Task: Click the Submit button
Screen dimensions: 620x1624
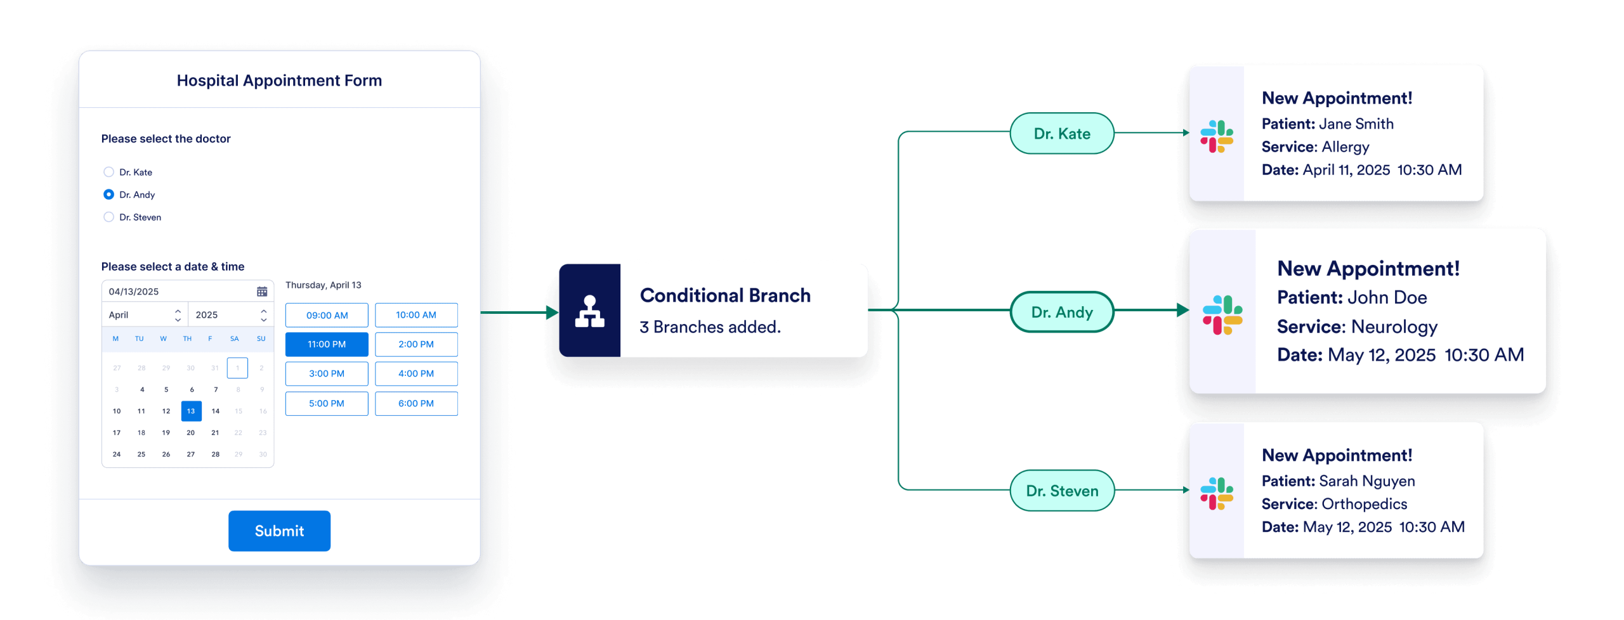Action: [x=279, y=531]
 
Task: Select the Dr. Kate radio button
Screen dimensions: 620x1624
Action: [x=108, y=172]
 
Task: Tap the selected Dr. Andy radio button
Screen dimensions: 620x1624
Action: [x=108, y=195]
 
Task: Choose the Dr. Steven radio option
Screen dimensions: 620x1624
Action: [x=108, y=217]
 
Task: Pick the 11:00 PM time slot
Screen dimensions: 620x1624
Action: [x=327, y=344]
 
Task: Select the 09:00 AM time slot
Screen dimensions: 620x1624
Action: [x=327, y=315]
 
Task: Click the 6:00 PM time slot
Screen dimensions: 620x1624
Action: [x=416, y=403]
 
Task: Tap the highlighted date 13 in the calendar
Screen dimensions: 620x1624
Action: [x=191, y=411]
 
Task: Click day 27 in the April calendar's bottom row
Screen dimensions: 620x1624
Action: [x=191, y=454]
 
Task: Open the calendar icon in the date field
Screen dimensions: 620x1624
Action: [x=262, y=292]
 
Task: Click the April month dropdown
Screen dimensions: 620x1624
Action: [x=145, y=314]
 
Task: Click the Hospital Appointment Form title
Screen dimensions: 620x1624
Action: [x=279, y=81]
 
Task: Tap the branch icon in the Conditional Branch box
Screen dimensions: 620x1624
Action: [x=589, y=311]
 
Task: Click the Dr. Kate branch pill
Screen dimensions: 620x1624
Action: [x=1062, y=134]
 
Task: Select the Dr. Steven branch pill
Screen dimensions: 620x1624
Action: [x=1062, y=491]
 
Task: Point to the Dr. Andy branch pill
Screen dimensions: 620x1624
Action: [x=1062, y=312]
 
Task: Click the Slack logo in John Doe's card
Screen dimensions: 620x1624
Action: [x=1222, y=315]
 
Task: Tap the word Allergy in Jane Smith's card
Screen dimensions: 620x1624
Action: [x=1346, y=147]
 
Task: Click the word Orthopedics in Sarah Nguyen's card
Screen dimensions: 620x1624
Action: [x=1365, y=504]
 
